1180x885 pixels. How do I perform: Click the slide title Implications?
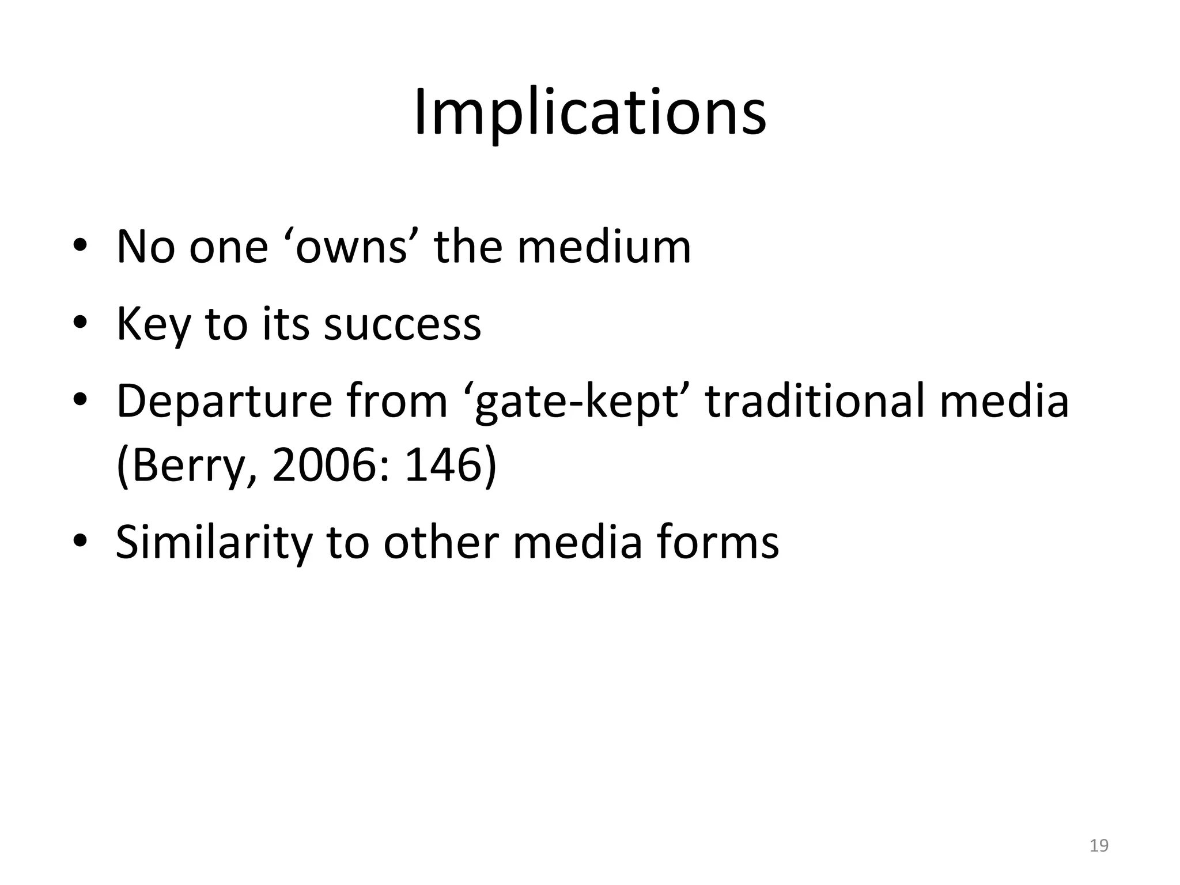tap(589, 112)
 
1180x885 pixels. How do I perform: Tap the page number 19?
tap(1099, 845)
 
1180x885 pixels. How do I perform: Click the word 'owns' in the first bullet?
tap(351, 247)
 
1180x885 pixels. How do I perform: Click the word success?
tap(402, 324)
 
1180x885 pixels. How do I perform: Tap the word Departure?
tap(224, 402)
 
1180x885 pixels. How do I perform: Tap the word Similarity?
tap(213, 542)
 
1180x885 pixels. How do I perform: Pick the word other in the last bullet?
tap(441, 542)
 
